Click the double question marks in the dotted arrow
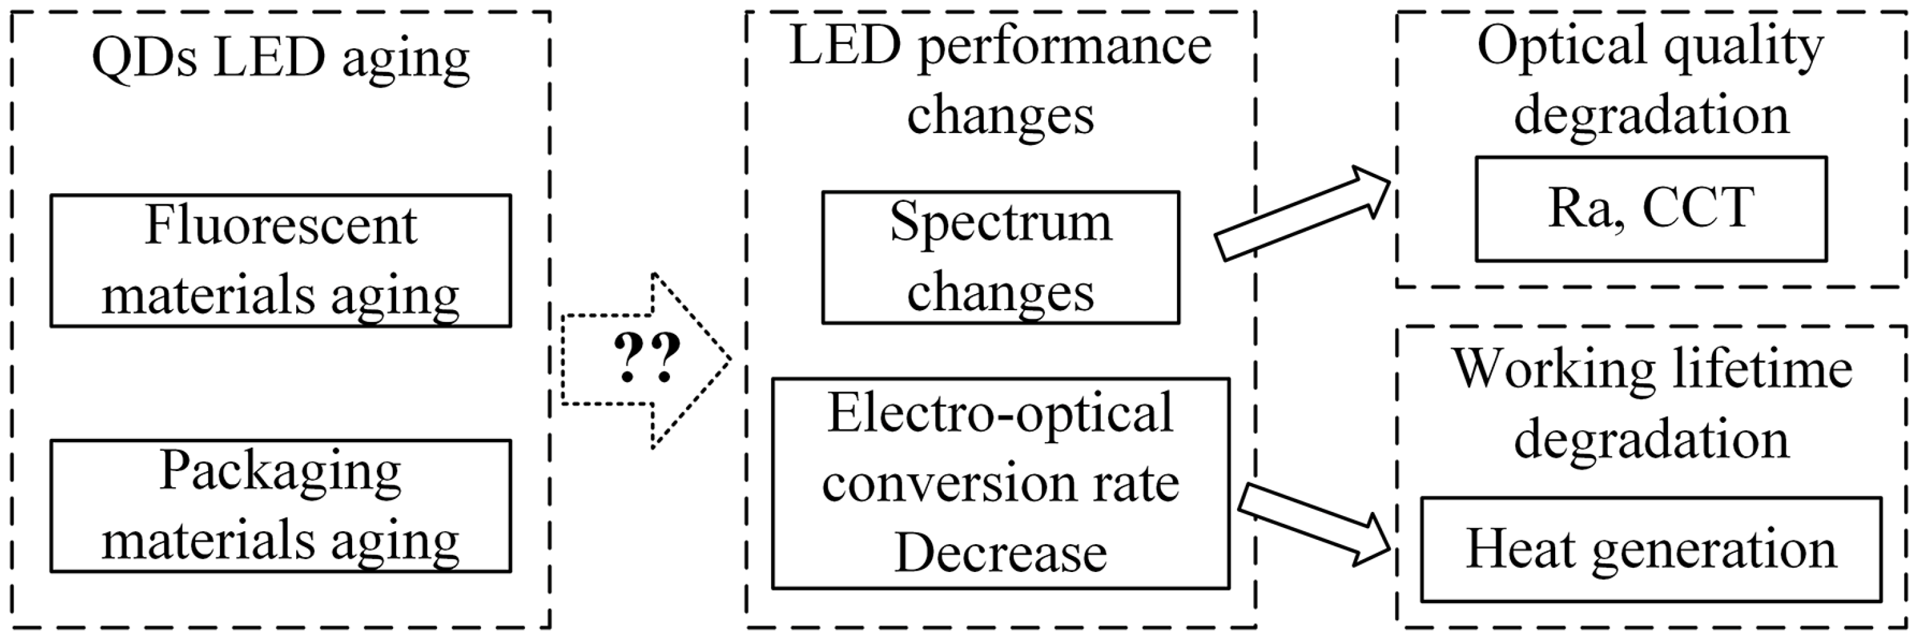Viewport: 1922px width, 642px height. click(x=646, y=358)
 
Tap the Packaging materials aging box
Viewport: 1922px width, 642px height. click(x=281, y=506)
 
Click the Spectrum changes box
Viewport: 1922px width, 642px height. click(x=1000, y=258)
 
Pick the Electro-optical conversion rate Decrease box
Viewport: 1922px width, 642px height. click(x=1000, y=483)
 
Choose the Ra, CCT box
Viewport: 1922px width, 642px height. click(x=1651, y=209)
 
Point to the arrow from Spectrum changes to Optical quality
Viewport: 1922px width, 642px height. click(x=1302, y=212)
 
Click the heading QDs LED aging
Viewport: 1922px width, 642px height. click(x=281, y=58)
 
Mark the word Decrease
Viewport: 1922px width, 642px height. click(x=1000, y=553)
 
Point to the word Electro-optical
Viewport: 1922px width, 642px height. click(x=1000, y=413)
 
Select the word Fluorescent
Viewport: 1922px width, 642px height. click(x=281, y=225)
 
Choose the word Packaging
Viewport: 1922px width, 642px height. click(x=281, y=471)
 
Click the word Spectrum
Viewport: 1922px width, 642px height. click(x=1000, y=223)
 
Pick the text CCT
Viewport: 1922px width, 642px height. click(x=1698, y=208)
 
